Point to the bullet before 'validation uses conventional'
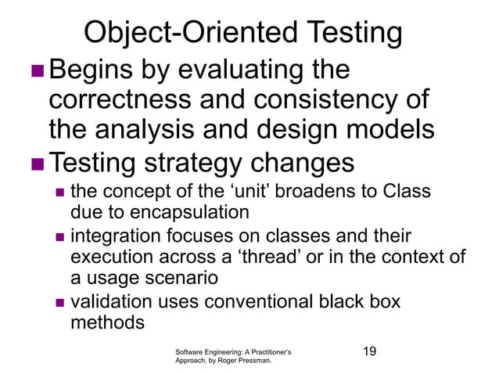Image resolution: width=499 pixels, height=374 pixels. click(59, 302)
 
